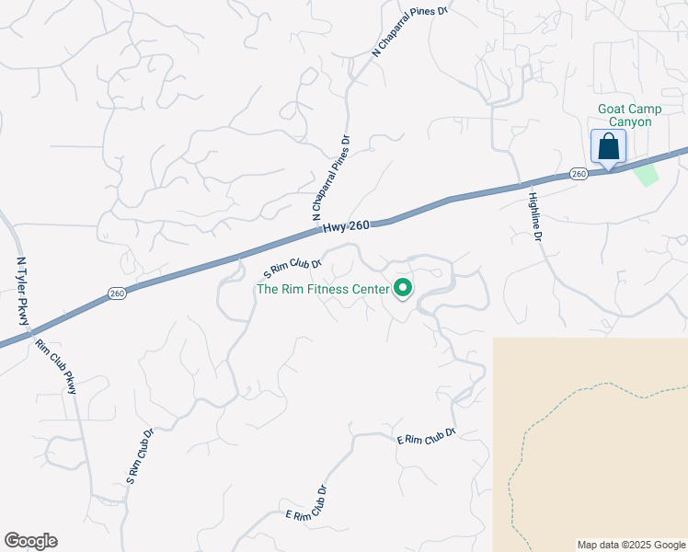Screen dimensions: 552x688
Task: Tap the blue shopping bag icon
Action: click(x=608, y=146)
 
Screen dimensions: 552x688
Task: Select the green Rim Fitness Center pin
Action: click(x=403, y=289)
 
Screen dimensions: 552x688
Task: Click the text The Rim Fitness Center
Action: click(x=323, y=289)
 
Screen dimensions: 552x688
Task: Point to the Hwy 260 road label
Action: click(x=347, y=225)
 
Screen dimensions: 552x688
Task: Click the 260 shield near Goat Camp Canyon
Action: click(x=578, y=173)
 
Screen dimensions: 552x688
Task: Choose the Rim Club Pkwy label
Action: click(x=57, y=367)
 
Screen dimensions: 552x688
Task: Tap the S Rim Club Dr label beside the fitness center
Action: click(x=292, y=268)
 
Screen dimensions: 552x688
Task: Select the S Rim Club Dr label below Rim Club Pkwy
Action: click(x=139, y=455)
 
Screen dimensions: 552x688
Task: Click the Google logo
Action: click(x=30, y=541)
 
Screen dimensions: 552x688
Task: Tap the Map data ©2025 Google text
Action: click(x=631, y=545)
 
